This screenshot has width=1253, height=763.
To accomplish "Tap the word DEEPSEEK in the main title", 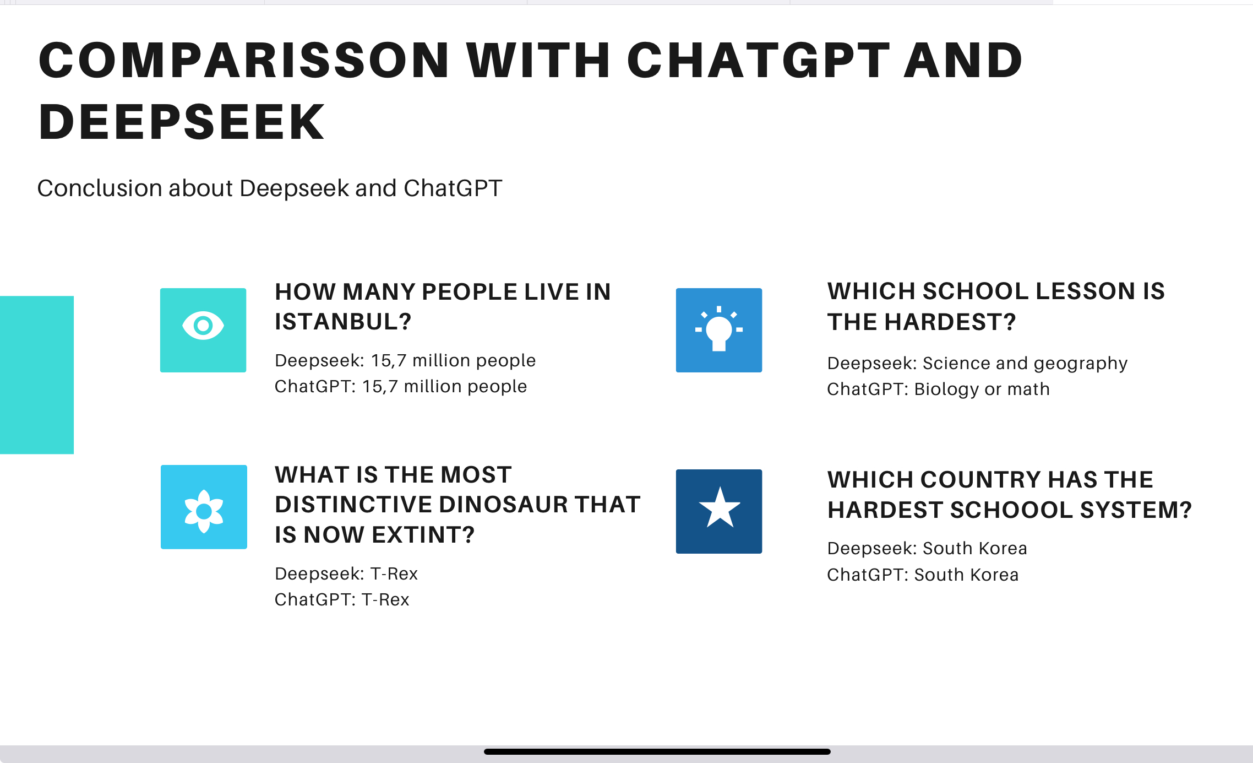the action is (x=182, y=122).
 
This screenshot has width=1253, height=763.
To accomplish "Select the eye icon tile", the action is (x=203, y=330).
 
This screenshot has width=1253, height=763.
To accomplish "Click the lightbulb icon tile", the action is (x=719, y=330).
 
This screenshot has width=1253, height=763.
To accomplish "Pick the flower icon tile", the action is (x=204, y=507).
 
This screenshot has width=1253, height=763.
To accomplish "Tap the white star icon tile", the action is (x=719, y=511).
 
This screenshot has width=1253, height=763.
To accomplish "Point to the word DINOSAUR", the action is (x=503, y=505).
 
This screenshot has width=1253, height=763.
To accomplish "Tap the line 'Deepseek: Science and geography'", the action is (x=977, y=364).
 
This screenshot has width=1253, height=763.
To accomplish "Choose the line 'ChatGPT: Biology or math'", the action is (x=938, y=389).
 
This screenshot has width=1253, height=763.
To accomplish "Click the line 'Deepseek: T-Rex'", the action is (x=346, y=574).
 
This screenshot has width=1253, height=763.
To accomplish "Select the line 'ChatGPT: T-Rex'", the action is (x=342, y=600).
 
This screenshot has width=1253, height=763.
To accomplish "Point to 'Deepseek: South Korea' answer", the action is (x=927, y=549).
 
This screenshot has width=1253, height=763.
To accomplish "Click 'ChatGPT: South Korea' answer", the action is (x=923, y=575).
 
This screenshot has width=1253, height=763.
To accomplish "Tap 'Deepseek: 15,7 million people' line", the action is (x=405, y=361).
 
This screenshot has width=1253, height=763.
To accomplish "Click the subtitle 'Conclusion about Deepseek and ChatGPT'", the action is (x=270, y=188).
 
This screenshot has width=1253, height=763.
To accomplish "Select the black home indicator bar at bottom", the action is (x=657, y=751).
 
